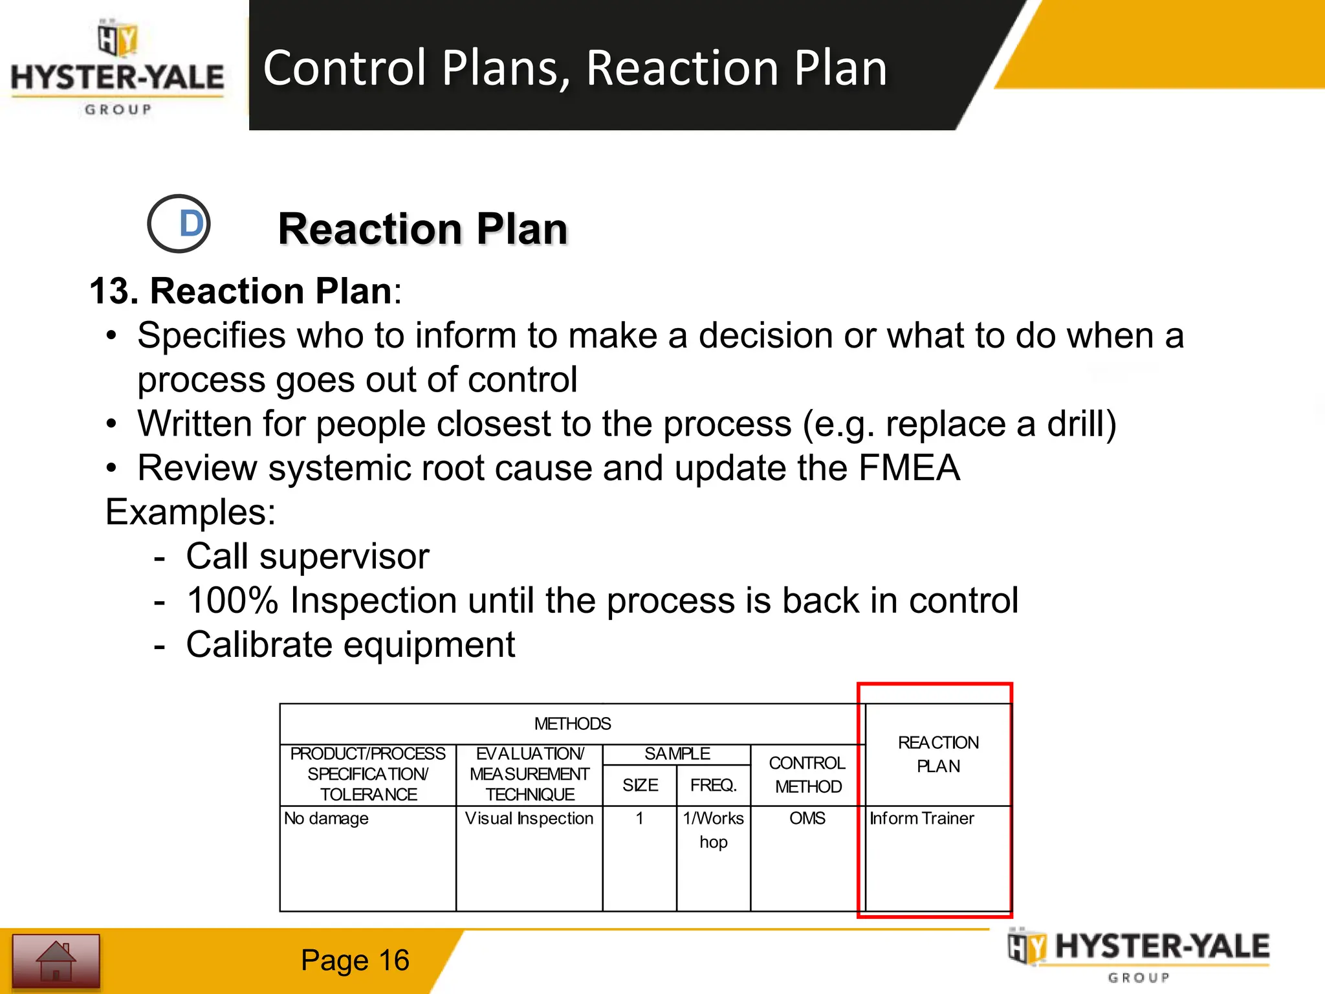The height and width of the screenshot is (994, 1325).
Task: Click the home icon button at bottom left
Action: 56,961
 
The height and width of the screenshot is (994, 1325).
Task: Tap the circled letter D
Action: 179,224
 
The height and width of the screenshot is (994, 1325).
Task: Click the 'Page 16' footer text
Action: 355,960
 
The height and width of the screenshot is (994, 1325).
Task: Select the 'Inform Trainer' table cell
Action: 921,819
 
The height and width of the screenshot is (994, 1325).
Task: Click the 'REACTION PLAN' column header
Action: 938,755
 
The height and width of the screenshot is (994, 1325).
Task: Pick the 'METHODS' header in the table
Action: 572,723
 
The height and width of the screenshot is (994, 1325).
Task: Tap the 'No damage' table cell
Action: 326,819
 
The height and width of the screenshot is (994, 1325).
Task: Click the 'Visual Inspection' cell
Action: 529,819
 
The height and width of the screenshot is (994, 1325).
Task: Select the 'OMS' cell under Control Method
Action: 807,819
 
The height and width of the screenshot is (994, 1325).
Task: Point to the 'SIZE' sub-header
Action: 640,785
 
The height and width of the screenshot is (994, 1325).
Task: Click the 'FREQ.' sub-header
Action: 713,785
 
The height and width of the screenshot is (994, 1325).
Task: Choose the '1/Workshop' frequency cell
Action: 713,830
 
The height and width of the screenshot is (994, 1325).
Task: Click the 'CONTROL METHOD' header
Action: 807,775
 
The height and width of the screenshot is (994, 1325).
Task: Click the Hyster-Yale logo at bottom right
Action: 1139,955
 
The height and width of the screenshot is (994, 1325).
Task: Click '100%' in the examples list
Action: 232,601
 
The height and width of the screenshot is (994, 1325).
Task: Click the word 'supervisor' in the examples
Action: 344,557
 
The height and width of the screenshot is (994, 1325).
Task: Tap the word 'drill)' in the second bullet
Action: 1082,425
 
